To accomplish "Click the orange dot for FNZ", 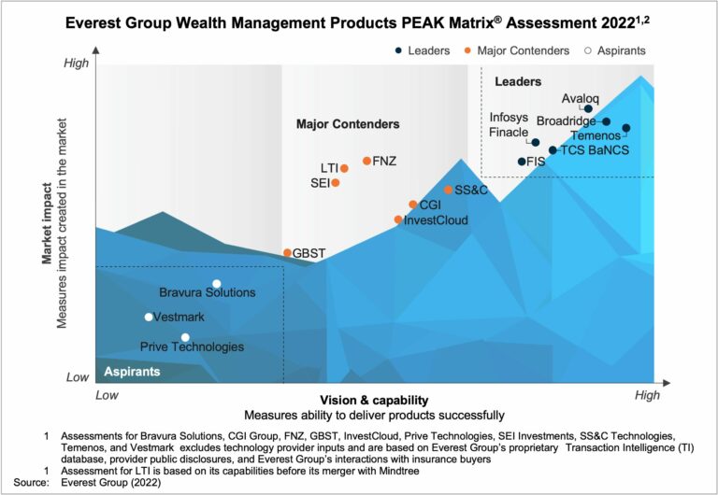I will point(366,161).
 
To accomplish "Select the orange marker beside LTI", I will point(344,168).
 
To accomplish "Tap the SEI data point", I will point(336,183).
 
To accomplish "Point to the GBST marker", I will point(287,253).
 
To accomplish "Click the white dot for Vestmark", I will point(149,317).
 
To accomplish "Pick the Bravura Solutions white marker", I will point(216,284).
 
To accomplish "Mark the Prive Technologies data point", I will point(185,337).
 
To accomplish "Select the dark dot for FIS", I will point(522,162).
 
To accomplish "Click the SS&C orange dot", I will point(448,190).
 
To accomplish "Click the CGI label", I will point(430,205).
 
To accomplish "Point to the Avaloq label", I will point(579,97).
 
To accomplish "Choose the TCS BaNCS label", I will point(595,149).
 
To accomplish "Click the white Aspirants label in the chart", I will point(132,372).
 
